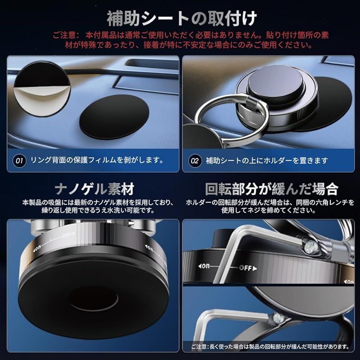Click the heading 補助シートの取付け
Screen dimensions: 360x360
click(x=181, y=18)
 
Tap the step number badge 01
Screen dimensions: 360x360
click(x=19, y=161)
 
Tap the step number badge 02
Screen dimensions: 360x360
click(x=195, y=161)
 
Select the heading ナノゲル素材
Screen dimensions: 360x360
click(x=94, y=189)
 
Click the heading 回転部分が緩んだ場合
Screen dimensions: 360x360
click(x=271, y=189)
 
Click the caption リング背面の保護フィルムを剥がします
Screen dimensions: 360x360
click(x=97, y=160)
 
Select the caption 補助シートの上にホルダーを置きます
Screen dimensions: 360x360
click(x=267, y=161)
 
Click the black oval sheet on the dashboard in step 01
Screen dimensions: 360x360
click(x=114, y=117)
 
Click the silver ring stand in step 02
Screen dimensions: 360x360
click(x=232, y=121)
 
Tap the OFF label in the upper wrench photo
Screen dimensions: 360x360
click(x=247, y=268)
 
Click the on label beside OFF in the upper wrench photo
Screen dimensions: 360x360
click(x=204, y=266)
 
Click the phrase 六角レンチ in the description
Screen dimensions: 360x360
click(x=331, y=202)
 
